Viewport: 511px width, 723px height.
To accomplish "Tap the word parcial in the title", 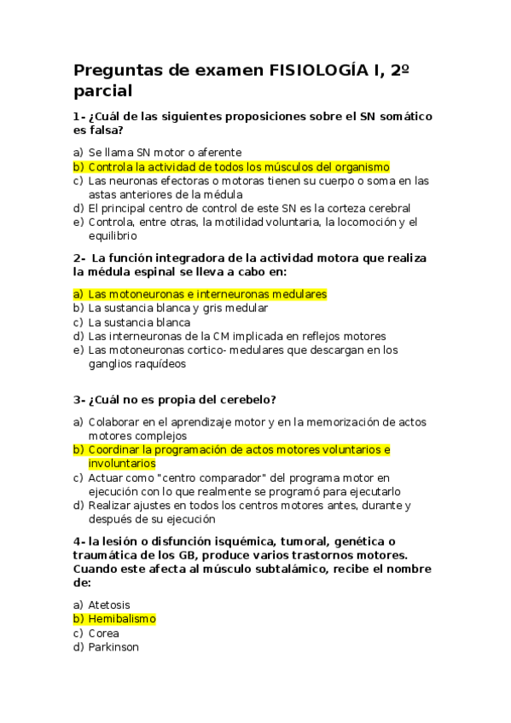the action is point(103,91).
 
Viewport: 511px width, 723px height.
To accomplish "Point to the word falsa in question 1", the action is point(107,130).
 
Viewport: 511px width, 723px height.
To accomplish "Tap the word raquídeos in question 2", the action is point(157,363).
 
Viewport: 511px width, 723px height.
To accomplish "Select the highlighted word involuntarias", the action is point(122,463).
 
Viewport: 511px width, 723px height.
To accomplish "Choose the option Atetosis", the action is point(111,604).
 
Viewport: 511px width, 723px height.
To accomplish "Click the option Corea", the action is point(104,633).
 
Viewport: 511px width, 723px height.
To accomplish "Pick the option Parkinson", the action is point(113,647).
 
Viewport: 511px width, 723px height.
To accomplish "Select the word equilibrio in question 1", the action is point(113,235).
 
